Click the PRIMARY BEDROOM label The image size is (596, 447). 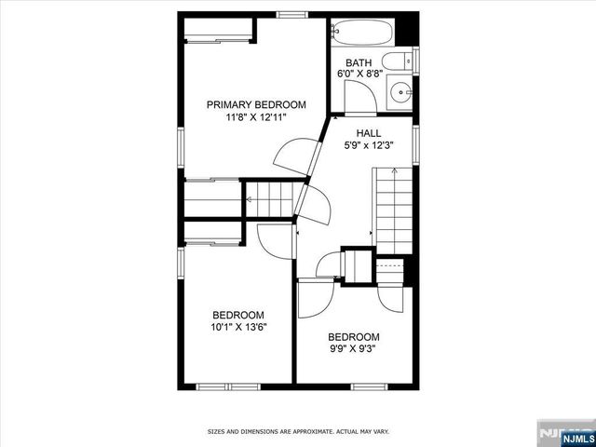click(x=255, y=105)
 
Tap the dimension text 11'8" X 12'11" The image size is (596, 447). click(x=255, y=118)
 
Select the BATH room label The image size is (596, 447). click(x=359, y=62)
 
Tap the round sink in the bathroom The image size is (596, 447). click(x=401, y=92)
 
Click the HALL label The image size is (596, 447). click(x=369, y=133)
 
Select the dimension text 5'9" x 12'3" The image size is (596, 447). click(x=369, y=146)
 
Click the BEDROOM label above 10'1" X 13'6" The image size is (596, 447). click(x=237, y=315)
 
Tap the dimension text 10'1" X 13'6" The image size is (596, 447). click(x=237, y=327)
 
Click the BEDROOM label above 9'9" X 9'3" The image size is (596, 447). click(x=353, y=337)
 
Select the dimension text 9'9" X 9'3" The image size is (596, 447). click(x=353, y=349)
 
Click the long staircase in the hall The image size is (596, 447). click(x=392, y=210)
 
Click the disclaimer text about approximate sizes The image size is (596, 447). click(x=297, y=432)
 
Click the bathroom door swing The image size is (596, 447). click(x=357, y=97)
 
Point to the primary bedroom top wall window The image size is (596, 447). click(x=293, y=14)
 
